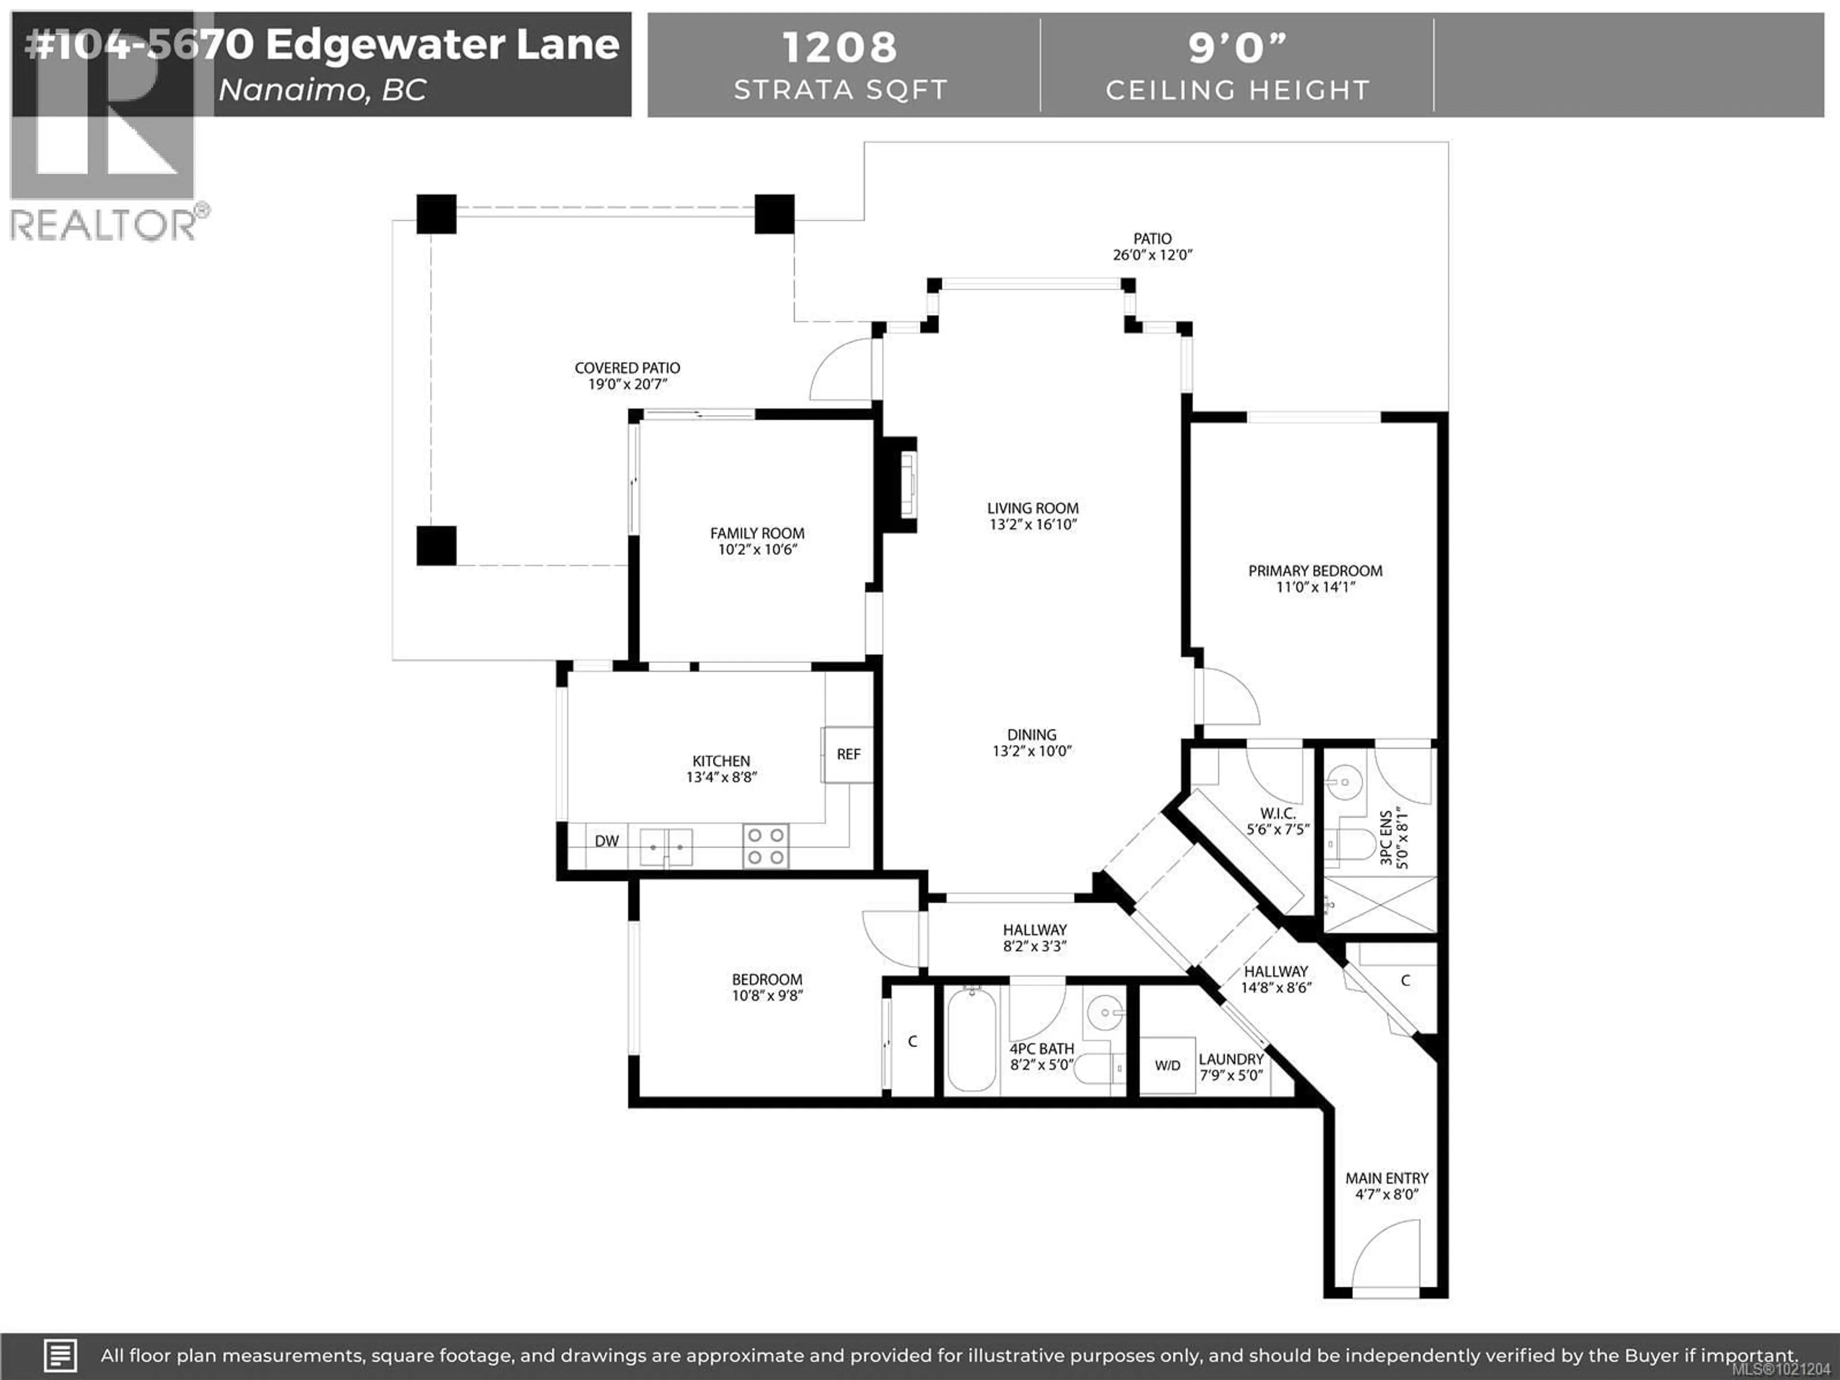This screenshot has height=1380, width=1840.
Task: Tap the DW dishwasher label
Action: pos(607,841)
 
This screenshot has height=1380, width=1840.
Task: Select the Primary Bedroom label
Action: pos(1315,571)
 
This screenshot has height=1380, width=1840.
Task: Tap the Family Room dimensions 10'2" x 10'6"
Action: pos(757,550)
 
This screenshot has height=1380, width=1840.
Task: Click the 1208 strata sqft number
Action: pos(840,47)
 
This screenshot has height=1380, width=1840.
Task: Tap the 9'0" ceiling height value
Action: pos(1237,47)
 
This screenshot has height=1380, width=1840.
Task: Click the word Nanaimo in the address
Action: pos(291,90)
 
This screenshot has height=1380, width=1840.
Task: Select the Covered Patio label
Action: pos(627,368)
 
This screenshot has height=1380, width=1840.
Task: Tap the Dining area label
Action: pos(1032,735)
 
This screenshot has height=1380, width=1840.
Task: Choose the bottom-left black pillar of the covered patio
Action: pos(436,546)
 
